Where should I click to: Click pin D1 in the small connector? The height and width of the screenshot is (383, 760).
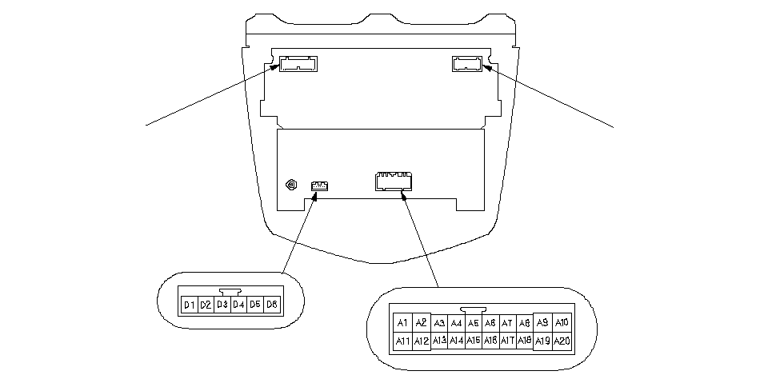click(190, 305)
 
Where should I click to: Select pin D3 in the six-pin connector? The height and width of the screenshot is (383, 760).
click(222, 305)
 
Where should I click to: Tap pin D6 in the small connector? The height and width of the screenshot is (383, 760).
click(272, 305)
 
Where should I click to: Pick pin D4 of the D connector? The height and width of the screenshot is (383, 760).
click(238, 305)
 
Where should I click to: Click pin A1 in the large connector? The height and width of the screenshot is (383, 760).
click(403, 323)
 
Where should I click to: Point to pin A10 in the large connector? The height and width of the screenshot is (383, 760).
click(562, 323)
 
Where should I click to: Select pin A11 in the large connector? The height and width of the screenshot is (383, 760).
click(403, 341)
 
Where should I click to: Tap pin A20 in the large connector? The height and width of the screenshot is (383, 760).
click(562, 341)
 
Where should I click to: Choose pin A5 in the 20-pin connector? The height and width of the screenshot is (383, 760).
click(474, 323)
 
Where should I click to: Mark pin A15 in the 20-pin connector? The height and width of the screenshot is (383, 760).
click(474, 341)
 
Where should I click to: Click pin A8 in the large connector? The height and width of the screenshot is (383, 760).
click(525, 323)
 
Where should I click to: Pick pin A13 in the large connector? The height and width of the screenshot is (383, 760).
click(439, 341)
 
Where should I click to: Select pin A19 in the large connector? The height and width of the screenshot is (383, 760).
click(543, 341)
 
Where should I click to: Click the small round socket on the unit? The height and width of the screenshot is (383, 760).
click(291, 186)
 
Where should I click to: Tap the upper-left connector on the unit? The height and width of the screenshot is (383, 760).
click(298, 63)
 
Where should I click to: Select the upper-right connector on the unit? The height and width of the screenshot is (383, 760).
click(468, 63)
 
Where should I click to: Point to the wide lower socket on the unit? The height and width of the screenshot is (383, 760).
click(394, 182)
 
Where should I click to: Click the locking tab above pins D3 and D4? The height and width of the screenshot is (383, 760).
click(230, 293)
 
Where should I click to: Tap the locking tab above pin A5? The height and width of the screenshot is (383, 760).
click(474, 309)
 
